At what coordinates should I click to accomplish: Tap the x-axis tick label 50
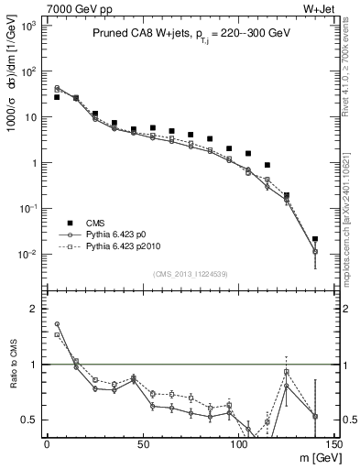pos(143,443)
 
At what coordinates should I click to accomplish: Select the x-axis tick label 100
pos(238,443)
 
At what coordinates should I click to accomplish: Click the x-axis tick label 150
pos(333,443)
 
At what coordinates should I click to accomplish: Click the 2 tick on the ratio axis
pos(33,309)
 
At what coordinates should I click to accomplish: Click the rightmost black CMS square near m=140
pos(315,239)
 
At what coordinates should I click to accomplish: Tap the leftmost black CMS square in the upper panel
pos(57,97)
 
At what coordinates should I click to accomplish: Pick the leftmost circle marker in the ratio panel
pos(57,323)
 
